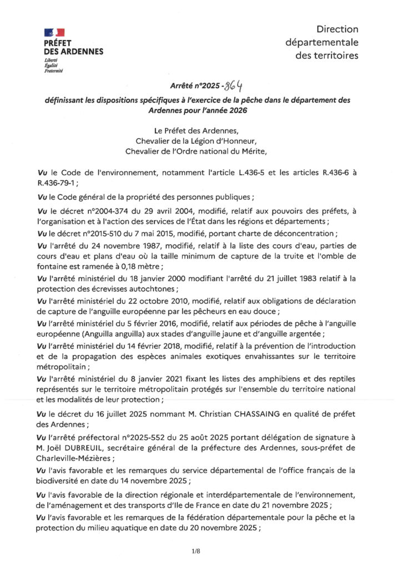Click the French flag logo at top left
(x=54, y=33)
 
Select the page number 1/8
(x=195, y=551)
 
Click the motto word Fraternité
(x=54, y=71)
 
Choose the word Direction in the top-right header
(x=337, y=29)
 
